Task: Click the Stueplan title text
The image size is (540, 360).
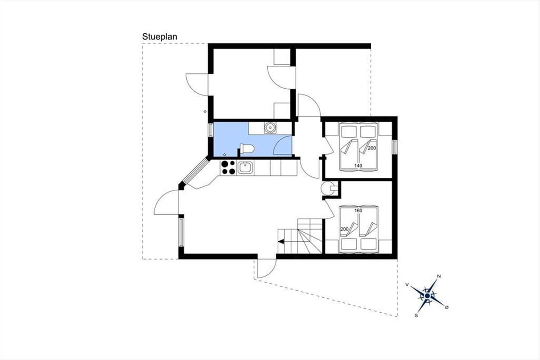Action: pyautogui.click(x=160, y=37)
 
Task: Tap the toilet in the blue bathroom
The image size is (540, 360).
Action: pyautogui.click(x=247, y=148)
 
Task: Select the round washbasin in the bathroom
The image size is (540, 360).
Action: pyautogui.click(x=270, y=127)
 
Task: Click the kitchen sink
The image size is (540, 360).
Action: pyautogui.click(x=245, y=167)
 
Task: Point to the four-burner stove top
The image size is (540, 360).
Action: pyautogui.click(x=228, y=167)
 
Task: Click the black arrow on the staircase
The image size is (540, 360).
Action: pyautogui.click(x=281, y=241)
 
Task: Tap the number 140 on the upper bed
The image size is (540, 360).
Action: pyautogui.click(x=358, y=166)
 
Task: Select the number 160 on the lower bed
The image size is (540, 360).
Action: pyautogui.click(x=358, y=211)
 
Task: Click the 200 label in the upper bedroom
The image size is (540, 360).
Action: pyautogui.click(x=372, y=148)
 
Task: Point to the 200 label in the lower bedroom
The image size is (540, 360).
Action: pyautogui.click(x=344, y=229)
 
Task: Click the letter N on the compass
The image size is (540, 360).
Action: pyautogui.click(x=439, y=276)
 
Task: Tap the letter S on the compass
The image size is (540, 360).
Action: pyautogui.click(x=416, y=315)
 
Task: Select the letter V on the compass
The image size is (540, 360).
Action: pyautogui.click(x=407, y=285)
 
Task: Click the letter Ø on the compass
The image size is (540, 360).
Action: pyautogui.click(x=447, y=307)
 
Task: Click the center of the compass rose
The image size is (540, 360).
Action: pyautogui.click(x=427, y=296)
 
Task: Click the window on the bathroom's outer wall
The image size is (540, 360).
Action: pyautogui.click(x=211, y=130)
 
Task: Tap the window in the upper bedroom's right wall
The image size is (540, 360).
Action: pyautogui.click(x=394, y=147)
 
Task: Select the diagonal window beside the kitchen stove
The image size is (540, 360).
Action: pyautogui.click(x=195, y=171)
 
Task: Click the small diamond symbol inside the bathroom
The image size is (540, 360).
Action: pyautogui.click(x=225, y=154)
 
